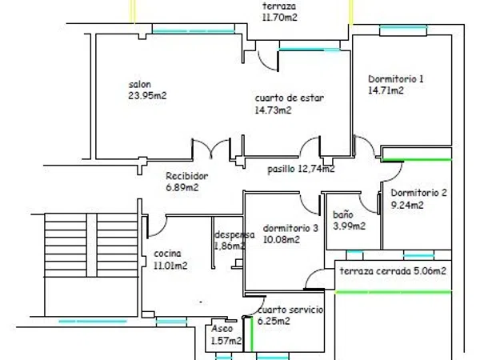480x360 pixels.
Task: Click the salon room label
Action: click(139, 85)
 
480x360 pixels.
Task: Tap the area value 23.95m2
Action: click(147, 96)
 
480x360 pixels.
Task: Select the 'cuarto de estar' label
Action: click(290, 98)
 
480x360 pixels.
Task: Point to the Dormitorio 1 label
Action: click(395, 79)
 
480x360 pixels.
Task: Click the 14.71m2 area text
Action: click(386, 90)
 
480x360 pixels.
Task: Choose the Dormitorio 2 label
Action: click(418, 193)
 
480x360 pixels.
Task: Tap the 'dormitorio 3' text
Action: click(290, 228)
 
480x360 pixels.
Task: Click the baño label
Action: click(343, 214)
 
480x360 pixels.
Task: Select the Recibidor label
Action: click(186, 176)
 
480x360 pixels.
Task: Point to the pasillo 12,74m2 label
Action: click(301, 169)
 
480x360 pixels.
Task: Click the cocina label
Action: click(167, 254)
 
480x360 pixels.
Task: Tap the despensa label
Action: click(234, 235)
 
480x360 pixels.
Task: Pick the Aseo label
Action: click(222, 329)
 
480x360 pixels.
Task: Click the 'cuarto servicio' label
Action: click(290, 310)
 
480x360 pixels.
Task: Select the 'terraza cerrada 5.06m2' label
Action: click(393, 271)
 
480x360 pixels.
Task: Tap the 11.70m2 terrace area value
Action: click(279, 18)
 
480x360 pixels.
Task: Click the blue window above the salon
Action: click(194, 31)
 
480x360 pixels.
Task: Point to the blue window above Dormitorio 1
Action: click(403, 27)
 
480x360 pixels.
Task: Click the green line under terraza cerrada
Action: click(394, 292)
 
